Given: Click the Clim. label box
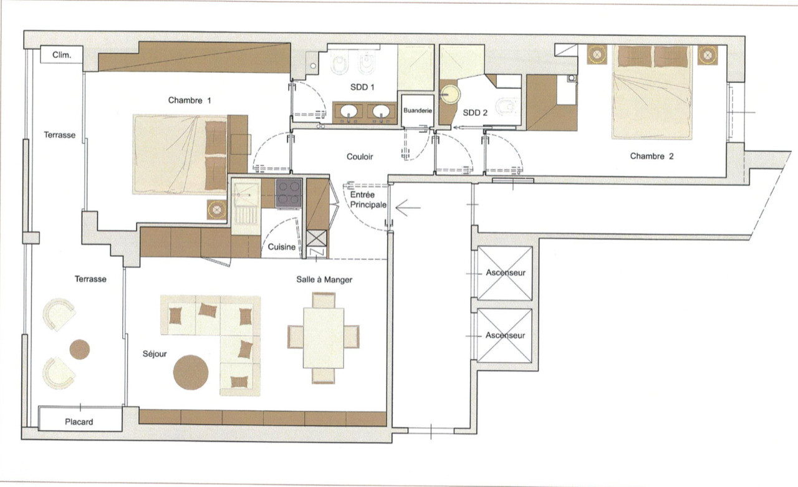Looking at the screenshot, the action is (61, 54).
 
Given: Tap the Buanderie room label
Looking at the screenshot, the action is (418, 110).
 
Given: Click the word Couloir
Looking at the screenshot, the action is (360, 157).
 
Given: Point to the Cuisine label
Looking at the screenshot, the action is (281, 247).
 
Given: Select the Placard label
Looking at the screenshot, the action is (79, 422).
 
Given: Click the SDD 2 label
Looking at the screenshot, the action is (475, 113).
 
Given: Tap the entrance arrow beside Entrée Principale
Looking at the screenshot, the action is (408, 208).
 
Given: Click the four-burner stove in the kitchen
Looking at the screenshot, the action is (289, 193).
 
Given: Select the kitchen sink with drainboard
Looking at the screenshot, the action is (246, 206).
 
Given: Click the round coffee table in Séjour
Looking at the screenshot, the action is (191, 372).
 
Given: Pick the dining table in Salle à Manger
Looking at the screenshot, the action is (324, 338).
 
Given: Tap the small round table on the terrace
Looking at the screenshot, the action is (79, 349).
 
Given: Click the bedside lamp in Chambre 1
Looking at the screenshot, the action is (217, 210).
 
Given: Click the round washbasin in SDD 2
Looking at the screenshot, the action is (449, 95).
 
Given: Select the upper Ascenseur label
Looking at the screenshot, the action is (506, 273).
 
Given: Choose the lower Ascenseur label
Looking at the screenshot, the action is (505, 335).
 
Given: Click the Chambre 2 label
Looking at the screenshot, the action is (651, 156).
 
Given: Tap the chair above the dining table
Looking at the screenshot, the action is (324, 300).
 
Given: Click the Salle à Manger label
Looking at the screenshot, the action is (324, 279).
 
